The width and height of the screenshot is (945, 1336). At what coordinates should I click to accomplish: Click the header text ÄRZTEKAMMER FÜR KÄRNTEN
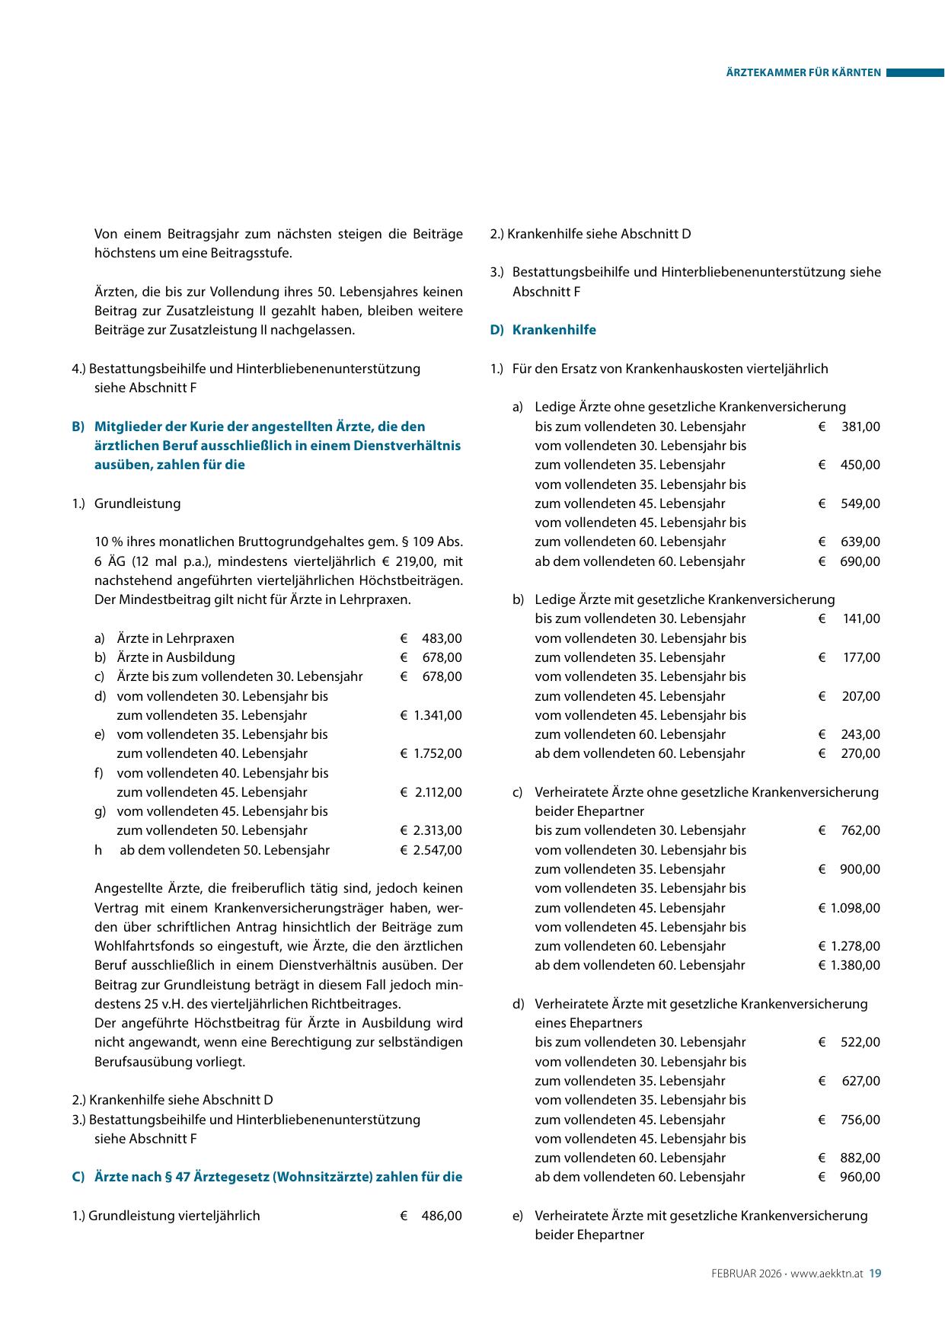803,73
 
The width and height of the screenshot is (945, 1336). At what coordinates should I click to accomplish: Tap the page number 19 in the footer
875,1273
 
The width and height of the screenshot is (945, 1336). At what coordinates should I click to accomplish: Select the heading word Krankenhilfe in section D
554,330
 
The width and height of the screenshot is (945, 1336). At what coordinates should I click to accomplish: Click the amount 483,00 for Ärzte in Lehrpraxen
442,638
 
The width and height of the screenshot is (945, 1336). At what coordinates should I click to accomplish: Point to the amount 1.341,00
437,715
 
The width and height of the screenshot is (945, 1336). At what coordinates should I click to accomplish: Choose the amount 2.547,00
437,850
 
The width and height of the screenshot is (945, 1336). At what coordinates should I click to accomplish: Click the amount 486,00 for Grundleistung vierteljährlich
442,1216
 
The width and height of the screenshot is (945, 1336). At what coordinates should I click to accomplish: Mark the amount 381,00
860,427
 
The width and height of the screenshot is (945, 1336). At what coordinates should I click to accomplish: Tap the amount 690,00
860,561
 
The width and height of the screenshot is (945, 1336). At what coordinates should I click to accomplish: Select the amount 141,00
861,618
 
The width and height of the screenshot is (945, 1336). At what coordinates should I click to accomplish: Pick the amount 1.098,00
855,908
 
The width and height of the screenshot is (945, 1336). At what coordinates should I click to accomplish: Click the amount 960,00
860,1177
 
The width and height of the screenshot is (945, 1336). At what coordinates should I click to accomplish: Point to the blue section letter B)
78,427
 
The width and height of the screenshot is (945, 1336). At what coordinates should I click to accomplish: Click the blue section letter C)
78,1177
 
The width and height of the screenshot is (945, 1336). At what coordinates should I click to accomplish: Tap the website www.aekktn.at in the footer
826,1273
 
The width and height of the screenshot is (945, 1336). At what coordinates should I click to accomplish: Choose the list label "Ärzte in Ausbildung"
176,657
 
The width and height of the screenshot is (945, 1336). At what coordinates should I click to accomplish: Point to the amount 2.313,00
437,830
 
